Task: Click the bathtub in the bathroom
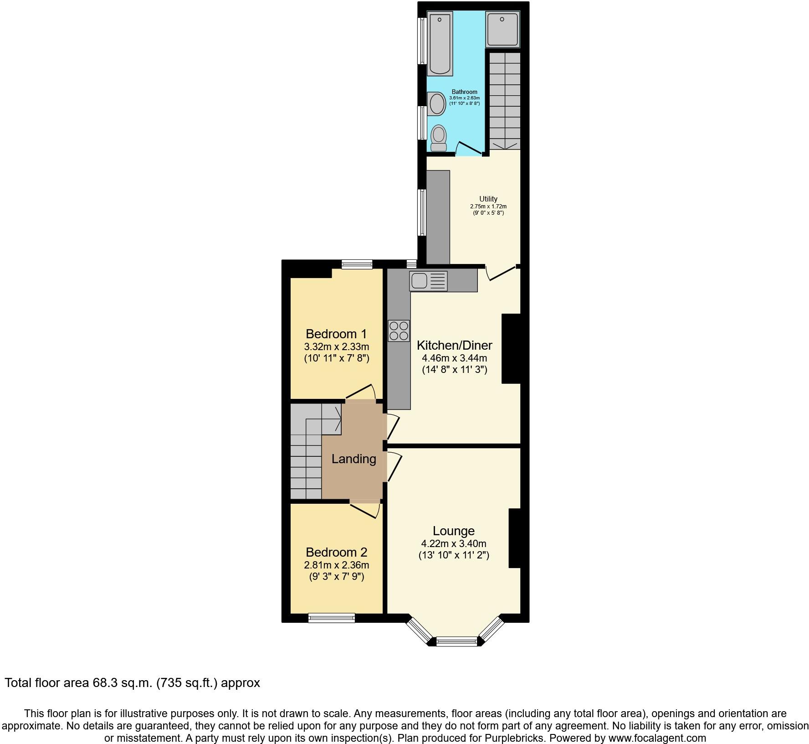pyautogui.click(x=440, y=44)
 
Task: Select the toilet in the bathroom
pyautogui.click(x=439, y=138)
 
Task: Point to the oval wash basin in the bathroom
pyautogui.click(x=437, y=103)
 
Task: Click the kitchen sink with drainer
pyautogui.click(x=428, y=281)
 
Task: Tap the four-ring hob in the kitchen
pyautogui.click(x=399, y=331)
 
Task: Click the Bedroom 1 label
pyautogui.click(x=336, y=334)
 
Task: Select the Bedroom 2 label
pyautogui.click(x=336, y=552)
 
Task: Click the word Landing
pyautogui.click(x=353, y=459)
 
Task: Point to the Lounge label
pyautogui.click(x=453, y=531)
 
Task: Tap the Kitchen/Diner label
pyautogui.click(x=455, y=345)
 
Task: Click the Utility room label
pyautogui.click(x=488, y=199)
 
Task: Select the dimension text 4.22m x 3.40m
pyautogui.click(x=453, y=543)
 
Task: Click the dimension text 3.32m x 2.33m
pyautogui.click(x=336, y=346)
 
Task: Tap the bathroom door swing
pyautogui.click(x=469, y=149)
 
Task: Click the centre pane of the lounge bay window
pyautogui.click(x=456, y=641)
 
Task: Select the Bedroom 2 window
pyautogui.click(x=331, y=618)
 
